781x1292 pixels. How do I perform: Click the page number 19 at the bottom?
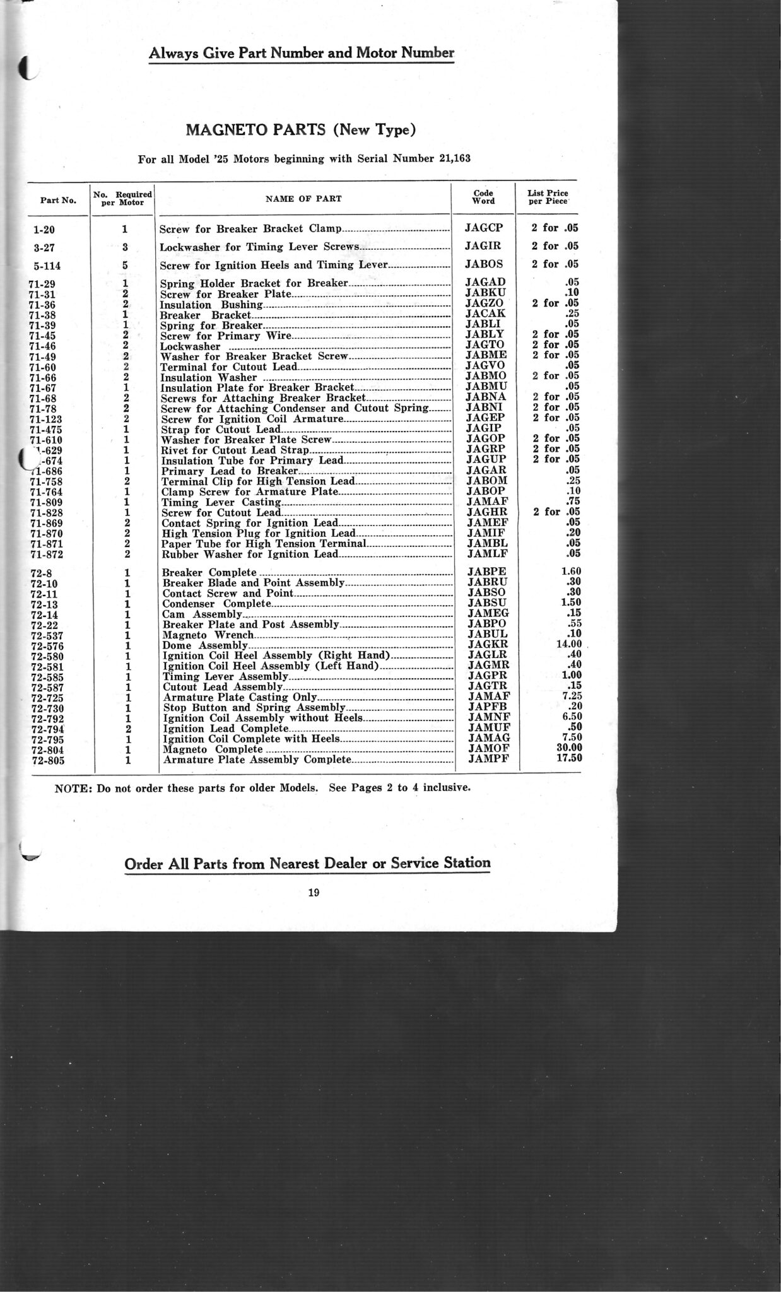[314, 892]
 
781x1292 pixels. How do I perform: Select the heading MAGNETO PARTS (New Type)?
[300, 130]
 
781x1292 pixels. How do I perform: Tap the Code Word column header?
[484, 197]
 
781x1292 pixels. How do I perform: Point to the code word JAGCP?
[483, 228]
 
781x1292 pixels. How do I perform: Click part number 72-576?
[47, 646]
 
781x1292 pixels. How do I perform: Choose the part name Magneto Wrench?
[208, 635]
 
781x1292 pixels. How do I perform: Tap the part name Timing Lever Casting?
[221, 502]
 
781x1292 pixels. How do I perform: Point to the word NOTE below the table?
[73, 788]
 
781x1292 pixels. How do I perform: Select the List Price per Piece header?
[548, 197]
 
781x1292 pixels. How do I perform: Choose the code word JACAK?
[484, 314]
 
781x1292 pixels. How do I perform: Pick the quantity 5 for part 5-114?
[125, 265]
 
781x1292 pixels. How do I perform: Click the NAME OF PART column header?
[303, 198]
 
